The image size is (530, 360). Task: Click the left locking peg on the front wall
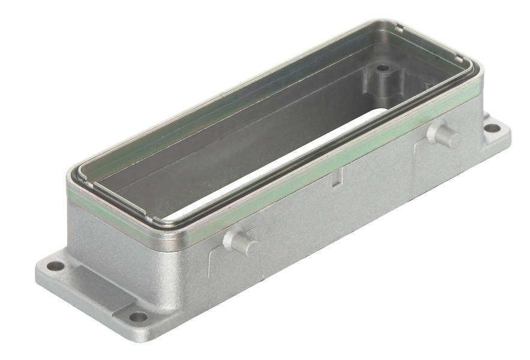pyautogui.click(x=242, y=242)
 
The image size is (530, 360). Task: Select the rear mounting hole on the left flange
pyautogui.click(x=55, y=266)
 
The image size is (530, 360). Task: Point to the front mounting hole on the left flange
pyautogui.click(x=138, y=316)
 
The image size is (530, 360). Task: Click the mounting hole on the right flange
pyautogui.click(x=492, y=128)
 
